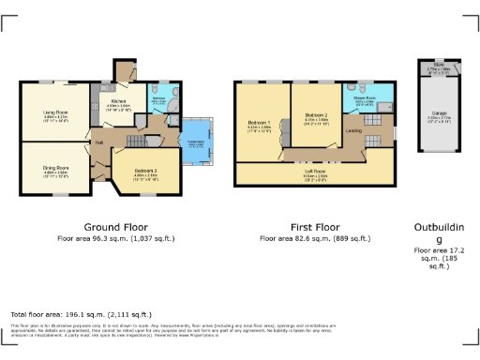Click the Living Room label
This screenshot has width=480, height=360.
54,112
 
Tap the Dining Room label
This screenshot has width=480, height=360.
54,167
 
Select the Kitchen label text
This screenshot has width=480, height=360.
118,101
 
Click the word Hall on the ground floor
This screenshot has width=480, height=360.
98,142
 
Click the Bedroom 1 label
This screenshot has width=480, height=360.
259,123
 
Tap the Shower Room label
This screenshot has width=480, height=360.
364,97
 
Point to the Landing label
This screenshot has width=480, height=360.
353,130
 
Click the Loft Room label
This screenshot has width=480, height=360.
314,171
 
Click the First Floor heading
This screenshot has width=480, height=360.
313,227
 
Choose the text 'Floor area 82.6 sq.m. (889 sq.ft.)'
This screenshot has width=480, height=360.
313,239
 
